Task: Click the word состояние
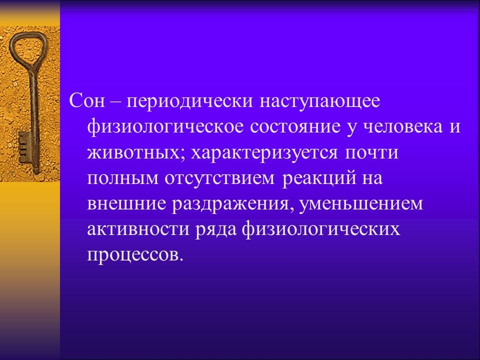pos(289,127)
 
